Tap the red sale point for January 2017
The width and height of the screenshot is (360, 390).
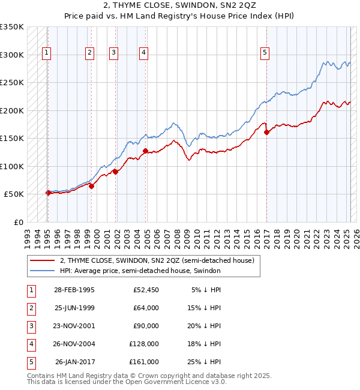point(266,133)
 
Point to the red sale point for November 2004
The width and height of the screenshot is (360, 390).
point(145,151)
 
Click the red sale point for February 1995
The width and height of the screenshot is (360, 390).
point(48,193)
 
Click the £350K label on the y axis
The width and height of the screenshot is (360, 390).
point(12,27)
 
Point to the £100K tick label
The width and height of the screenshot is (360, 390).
point(12,166)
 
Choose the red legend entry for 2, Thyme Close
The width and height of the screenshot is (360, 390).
point(157,260)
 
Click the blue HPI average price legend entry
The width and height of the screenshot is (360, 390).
point(140,271)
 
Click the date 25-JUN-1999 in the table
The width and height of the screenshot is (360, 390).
point(74,308)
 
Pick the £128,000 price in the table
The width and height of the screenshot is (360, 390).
point(144,344)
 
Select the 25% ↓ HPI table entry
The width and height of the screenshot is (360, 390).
point(206,362)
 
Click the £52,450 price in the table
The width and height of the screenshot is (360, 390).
point(146,290)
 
